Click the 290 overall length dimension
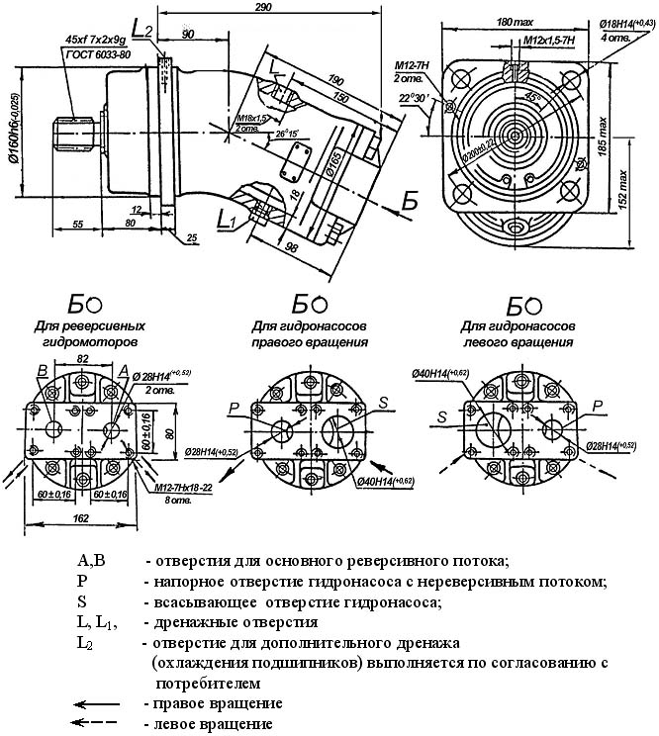coord(262,8)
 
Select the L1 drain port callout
coord(224,217)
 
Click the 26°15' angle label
coord(289,132)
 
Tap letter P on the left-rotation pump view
coord(597,405)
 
